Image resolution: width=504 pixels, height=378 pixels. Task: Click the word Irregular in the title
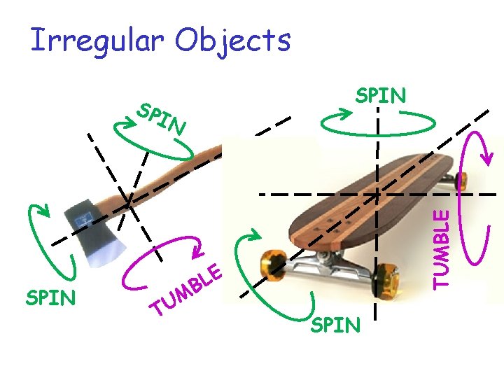pyautogui.click(x=97, y=41)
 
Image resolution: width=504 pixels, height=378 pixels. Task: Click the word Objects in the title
pyautogui.click(x=233, y=41)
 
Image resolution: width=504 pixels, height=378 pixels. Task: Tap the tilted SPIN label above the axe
pyautogui.click(x=162, y=120)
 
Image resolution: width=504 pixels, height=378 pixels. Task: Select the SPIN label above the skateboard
pyautogui.click(x=380, y=95)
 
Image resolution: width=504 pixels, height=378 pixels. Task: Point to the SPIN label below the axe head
pyautogui.click(x=50, y=298)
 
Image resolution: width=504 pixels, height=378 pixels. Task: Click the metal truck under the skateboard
pyautogui.click(x=329, y=266)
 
